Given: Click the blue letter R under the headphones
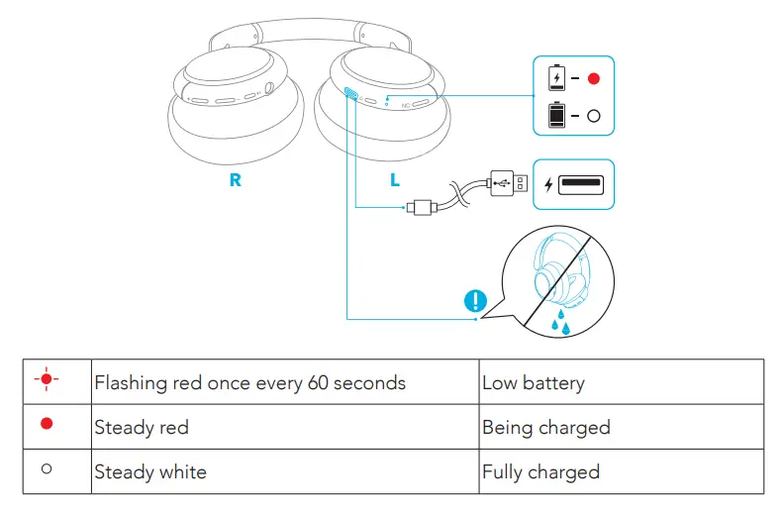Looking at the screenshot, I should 235,181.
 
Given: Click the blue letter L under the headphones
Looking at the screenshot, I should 395,181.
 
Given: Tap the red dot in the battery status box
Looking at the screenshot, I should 593,78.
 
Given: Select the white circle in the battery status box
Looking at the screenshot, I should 593,116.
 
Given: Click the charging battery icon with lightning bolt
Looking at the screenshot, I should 557,78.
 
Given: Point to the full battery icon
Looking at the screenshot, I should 557,115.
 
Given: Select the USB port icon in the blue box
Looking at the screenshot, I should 582,184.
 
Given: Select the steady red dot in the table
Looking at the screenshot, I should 47,424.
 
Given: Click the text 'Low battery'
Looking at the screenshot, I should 533,383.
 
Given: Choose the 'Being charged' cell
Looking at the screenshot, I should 545,428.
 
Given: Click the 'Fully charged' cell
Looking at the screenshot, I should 540,471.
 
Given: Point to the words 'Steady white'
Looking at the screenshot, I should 150,471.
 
